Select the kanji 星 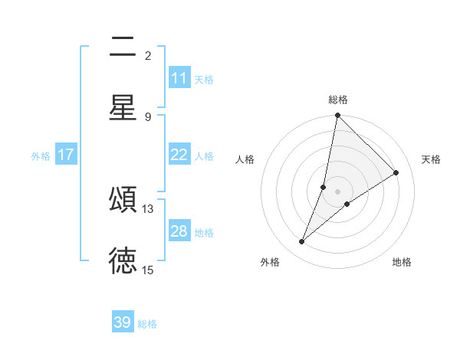pyautogui.click(x=123, y=107)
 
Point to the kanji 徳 pyautogui.click(x=123, y=260)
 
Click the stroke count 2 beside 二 pyautogui.click(x=148, y=56)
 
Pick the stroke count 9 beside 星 pyautogui.click(x=148, y=116)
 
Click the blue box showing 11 pyautogui.click(x=179, y=78)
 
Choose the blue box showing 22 pyautogui.click(x=179, y=155)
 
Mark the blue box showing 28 pyautogui.click(x=179, y=231)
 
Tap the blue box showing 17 pyautogui.click(x=66, y=155)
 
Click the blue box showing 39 pyautogui.click(x=123, y=323)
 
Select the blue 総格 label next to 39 pyautogui.click(x=147, y=324)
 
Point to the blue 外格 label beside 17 pyautogui.click(x=41, y=155)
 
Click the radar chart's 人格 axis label pyautogui.click(x=245, y=159)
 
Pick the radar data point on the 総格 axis pyautogui.click(x=337, y=116)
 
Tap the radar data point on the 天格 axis pyautogui.click(x=396, y=173)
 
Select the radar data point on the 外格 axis pyautogui.click(x=302, y=242)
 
